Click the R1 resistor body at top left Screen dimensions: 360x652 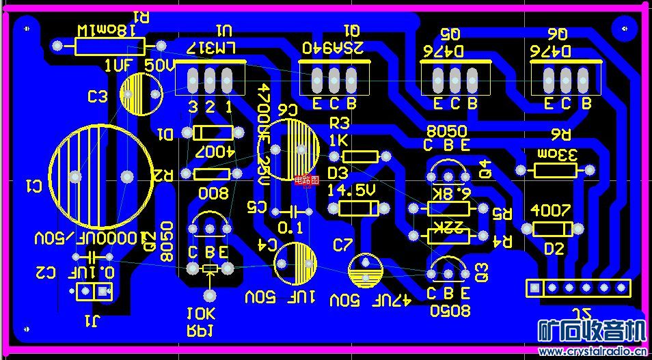point(109,46)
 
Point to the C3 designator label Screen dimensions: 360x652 point(98,97)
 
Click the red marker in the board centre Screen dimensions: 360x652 point(307,180)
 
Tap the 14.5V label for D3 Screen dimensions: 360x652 point(353,190)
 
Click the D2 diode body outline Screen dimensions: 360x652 point(552,230)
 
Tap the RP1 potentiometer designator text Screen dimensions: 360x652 point(201,331)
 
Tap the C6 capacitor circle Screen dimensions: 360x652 point(292,150)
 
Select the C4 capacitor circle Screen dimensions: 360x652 point(295,263)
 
